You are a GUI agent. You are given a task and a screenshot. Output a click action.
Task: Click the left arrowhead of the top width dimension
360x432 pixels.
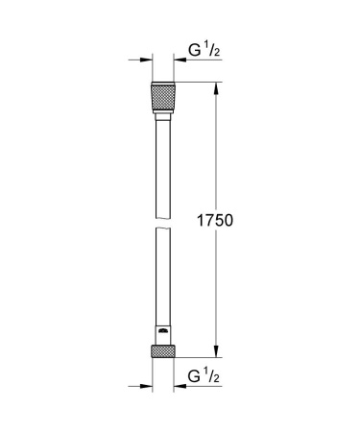144,61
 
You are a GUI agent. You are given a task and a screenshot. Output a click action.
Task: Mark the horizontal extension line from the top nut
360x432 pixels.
197,84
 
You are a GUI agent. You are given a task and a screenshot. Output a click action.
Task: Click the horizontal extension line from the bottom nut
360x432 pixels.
197,357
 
